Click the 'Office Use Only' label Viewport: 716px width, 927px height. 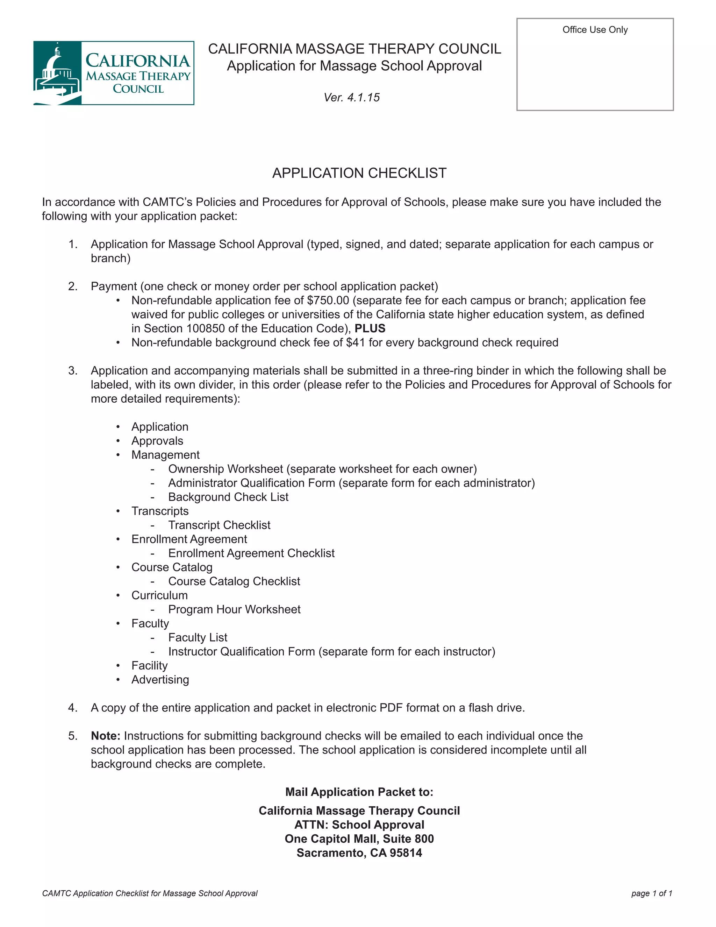(x=595, y=30)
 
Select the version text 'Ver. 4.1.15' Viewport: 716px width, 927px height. (x=352, y=98)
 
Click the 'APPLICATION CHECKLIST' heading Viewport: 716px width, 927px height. (x=359, y=173)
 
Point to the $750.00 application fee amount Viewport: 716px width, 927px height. (x=328, y=300)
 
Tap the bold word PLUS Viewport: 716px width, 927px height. (x=370, y=328)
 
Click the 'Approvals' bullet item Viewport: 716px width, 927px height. (x=157, y=441)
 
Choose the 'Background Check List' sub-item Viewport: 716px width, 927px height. (x=228, y=497)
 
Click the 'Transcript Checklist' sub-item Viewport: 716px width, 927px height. (x=219, y=525)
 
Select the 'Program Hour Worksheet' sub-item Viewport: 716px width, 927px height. (x=234, y=609)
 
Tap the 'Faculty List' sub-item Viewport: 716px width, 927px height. (x=198, y=637)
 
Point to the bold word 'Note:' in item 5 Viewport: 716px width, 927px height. (x=106, y=736)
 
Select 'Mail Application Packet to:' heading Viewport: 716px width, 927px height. (x=359, y=792)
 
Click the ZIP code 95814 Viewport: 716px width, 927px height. (x=406, y=853)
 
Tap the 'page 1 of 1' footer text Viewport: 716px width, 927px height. (x=652, y=893)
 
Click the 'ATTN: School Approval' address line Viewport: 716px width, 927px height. (x=359, y=825)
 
